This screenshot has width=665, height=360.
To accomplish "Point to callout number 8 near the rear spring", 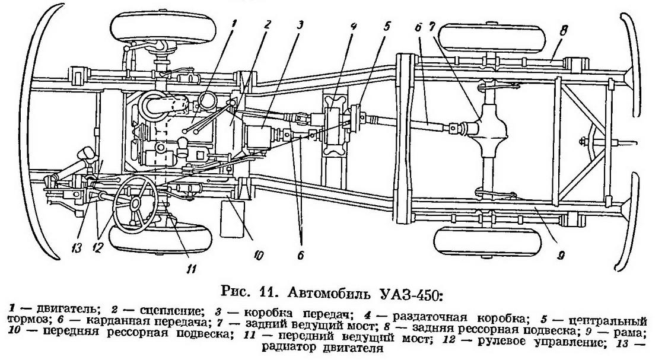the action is point(563,30).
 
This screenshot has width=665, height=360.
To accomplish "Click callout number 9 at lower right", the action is point(561,256).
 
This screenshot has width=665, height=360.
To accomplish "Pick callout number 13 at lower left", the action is point(77,248).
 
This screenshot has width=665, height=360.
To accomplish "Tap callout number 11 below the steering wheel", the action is point(192,268).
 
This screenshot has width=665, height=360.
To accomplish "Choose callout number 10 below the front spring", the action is point(258,255).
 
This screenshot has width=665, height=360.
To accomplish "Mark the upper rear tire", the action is point(492,38).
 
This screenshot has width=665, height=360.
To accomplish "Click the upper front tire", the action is point(163,27).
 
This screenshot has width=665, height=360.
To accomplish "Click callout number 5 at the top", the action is point(386,27).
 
